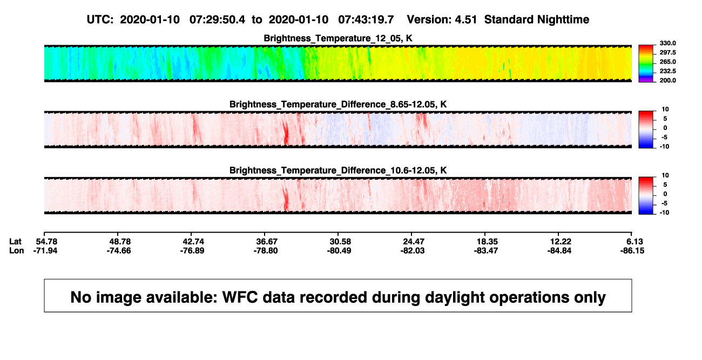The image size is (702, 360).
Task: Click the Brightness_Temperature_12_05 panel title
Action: click(338, 38)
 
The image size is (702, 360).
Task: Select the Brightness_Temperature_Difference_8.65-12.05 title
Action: click(338, 104)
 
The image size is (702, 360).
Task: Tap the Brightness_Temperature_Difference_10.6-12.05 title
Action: click(338, 171)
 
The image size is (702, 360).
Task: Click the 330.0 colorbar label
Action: click(667, 43)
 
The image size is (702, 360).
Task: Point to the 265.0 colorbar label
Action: click(667, 62)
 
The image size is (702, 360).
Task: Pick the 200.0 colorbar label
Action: click(667, 80)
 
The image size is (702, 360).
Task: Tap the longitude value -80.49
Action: click(339, 250)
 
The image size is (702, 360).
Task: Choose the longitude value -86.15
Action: click(632, 250)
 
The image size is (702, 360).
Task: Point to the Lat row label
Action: click(15, 242)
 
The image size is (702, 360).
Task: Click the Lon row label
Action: click(17, 250)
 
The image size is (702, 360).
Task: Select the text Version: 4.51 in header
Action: click(442, 20)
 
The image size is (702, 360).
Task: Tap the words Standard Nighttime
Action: click(537, 20)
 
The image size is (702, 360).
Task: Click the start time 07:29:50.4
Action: click(217, 20)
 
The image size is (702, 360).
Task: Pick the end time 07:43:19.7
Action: click(366, 20)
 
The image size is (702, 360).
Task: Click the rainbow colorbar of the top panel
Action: click(646, 64)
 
